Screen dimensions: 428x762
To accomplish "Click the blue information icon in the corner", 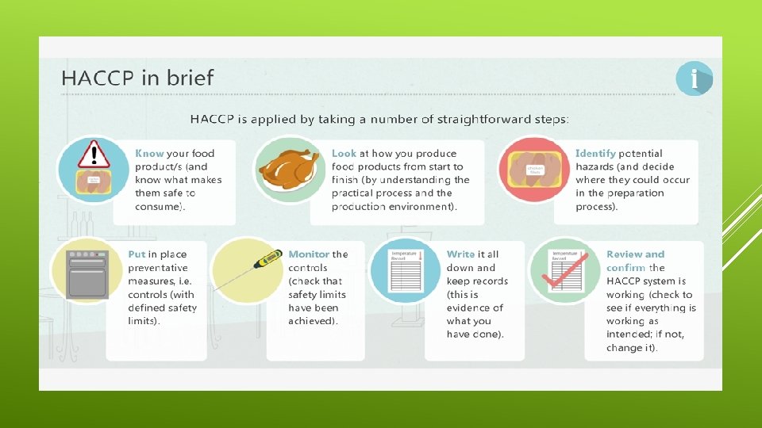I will (x=695, y=79).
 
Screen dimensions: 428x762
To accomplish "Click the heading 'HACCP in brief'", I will (x=137, y=78).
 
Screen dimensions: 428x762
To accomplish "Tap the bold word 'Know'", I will (x=149, y=153).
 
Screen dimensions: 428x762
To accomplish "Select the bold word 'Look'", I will (x=344, y=153).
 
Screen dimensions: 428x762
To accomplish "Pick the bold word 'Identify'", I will (x=595, y=153).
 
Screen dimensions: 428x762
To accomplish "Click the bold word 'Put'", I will (x=137, y=254).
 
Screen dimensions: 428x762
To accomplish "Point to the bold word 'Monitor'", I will (x=309, y=254).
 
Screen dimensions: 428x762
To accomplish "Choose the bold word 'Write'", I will (x=460, y=254).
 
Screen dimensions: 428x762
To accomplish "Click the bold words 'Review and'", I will (x=635, y=254).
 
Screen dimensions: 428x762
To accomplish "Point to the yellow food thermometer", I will (x=267, y=258).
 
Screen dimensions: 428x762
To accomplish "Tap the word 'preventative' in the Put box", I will (x=158, y=268).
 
